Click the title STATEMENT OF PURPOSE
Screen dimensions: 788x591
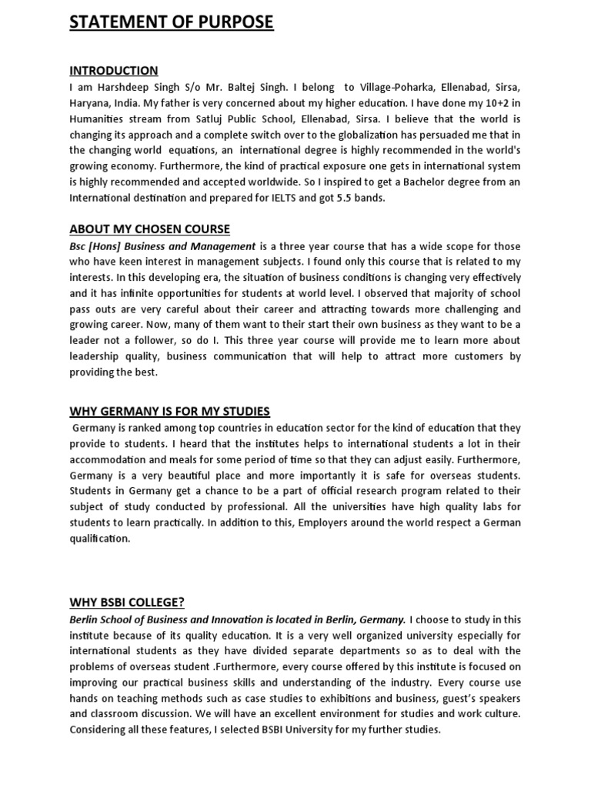(x=171, y=22)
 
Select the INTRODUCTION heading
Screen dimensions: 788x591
(x=114, y=71)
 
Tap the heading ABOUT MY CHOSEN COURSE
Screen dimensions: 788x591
(x=149, y=229)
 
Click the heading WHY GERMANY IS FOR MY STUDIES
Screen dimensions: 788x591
(x=169, y=411)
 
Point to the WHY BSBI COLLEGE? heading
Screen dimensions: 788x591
(x=127, y=602)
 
